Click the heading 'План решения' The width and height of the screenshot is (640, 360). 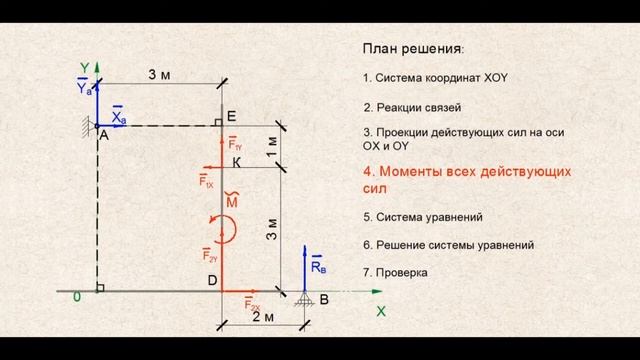point(413,48)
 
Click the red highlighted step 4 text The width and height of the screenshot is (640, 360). point(466,179)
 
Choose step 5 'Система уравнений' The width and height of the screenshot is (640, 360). point(423,216)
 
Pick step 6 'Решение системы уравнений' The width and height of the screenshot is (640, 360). point(449,244)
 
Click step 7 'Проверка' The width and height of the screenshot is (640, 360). point(395,271)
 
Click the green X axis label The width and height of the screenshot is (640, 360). point(381,311)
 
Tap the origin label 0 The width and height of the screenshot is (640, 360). point(76,297)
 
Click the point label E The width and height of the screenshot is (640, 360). point(231,117)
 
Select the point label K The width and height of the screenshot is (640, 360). point(237,162)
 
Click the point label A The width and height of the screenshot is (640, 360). point(103,139)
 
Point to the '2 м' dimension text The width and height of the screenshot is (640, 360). point(263,316)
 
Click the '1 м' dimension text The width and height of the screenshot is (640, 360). point(272,144)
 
